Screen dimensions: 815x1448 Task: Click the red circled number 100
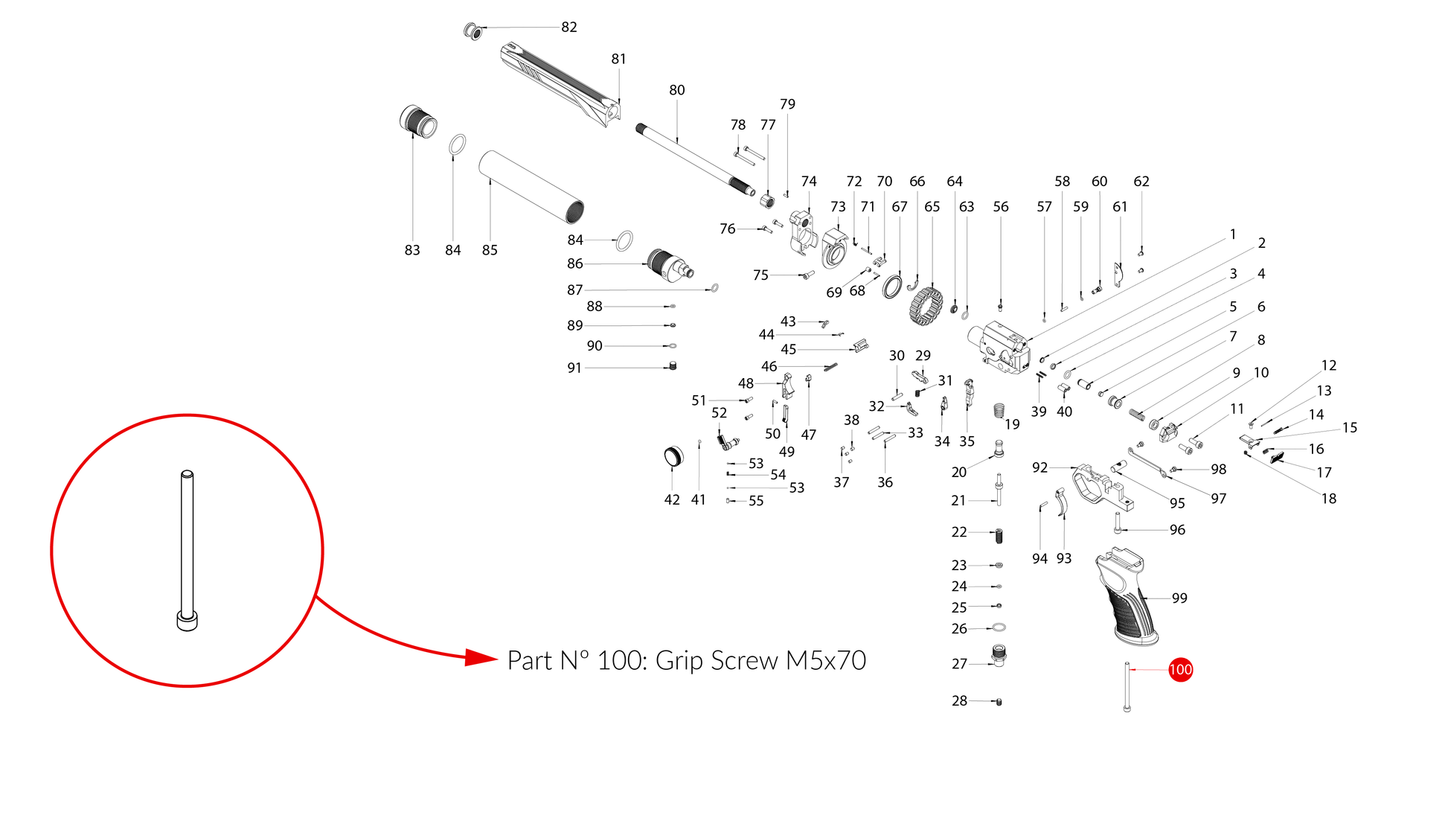point(1180,669)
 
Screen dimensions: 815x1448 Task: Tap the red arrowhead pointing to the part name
point(481,658)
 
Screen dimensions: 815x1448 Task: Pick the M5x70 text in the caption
point(826,660)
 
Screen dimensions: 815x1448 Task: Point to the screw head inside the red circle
point(187,620)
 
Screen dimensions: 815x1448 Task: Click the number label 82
point(568,27)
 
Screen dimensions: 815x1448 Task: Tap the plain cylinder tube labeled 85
point(530,186)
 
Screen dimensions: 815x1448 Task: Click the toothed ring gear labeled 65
point(926,306)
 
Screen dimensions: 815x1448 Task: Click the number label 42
point(671,499)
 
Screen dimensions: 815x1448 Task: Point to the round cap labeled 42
point(673,456)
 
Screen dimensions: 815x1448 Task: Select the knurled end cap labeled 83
point(418,122)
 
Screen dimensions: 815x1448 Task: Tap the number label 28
point(959,700)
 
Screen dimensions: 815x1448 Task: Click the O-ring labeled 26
point(999,628)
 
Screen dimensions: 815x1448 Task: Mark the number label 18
point(1328,498)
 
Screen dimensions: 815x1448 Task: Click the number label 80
point(676,90)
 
